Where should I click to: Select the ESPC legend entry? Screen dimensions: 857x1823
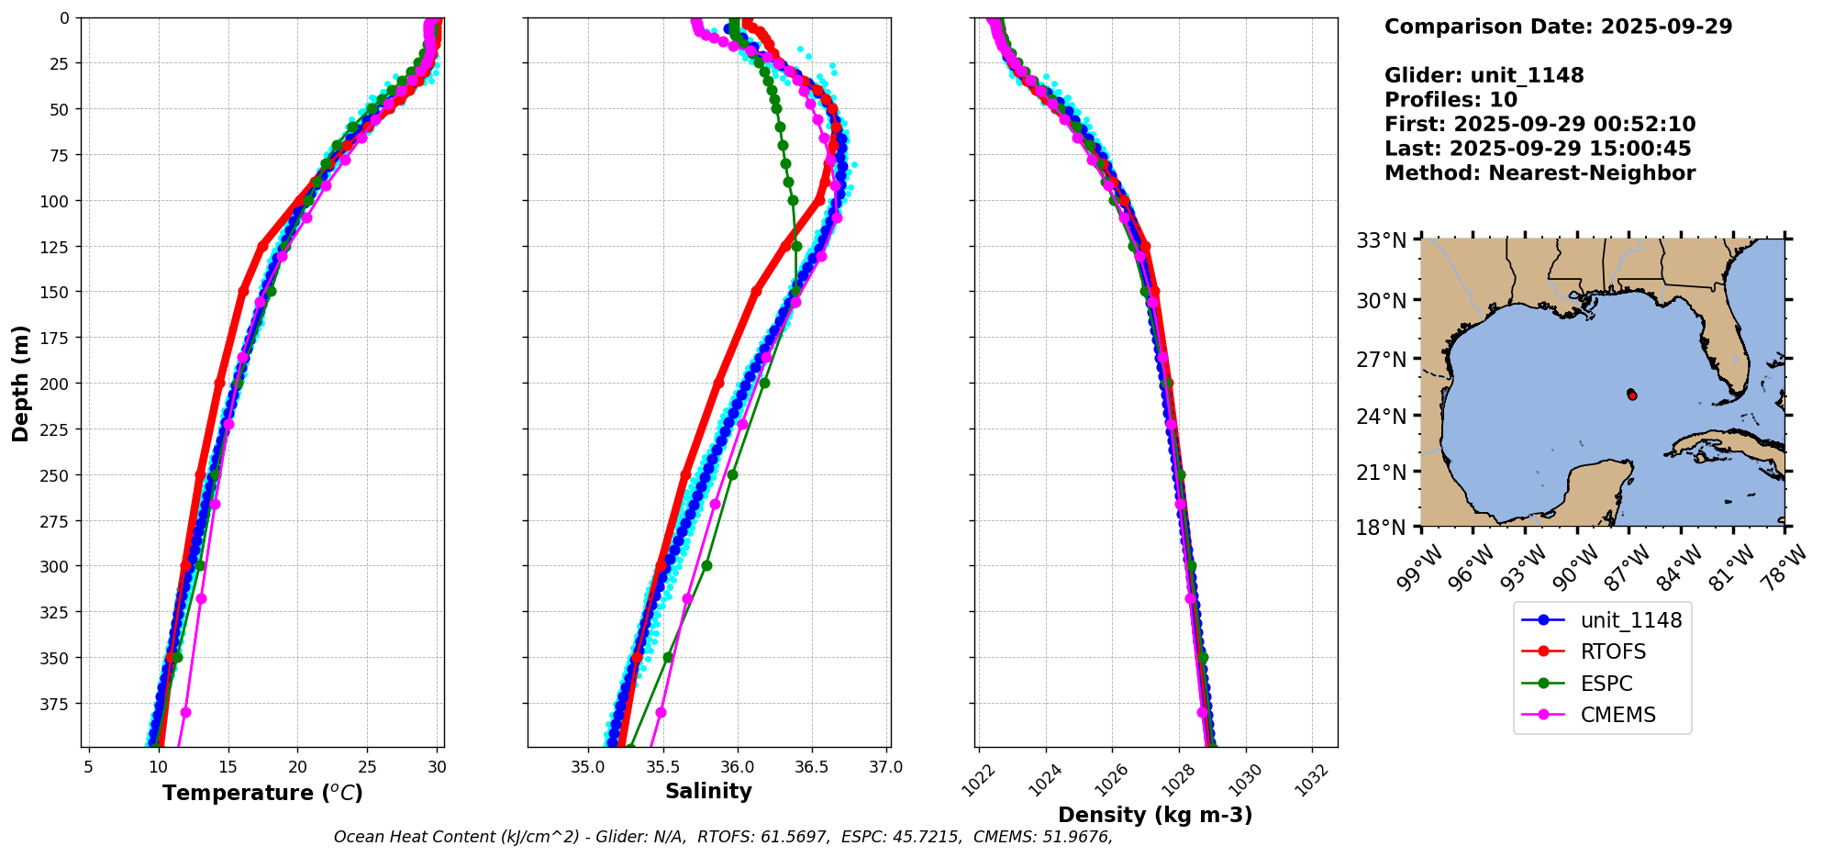coord(1606,684)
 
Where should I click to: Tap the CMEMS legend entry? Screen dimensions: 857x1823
coord(1617,716)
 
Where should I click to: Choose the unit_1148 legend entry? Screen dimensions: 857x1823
coord(1630,620)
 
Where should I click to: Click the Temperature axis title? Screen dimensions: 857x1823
coord(262,793)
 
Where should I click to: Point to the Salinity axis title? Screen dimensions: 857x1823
coord(708,791)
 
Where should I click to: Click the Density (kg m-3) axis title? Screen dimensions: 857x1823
coord(1155,815)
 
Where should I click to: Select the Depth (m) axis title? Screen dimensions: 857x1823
coord(21,383)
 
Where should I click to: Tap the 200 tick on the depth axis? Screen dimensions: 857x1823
coord(56,384)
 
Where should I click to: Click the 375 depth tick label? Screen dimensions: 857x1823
coord(56,704)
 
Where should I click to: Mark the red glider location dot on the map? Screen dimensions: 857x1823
coord(1632,395)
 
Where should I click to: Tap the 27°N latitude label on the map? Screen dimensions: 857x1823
coord(1382,360)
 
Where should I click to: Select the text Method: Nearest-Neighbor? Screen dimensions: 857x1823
coord(1540,173)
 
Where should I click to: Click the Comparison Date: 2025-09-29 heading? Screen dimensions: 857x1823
coord(1558,27)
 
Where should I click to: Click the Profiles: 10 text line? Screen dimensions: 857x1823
coord(1451,100)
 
